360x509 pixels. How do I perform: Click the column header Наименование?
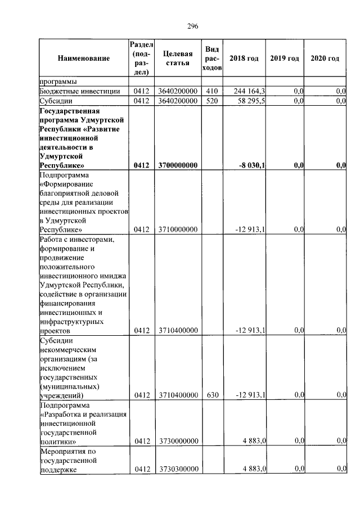[x=83, y=58]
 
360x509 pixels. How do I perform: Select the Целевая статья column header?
[x=177, y=58]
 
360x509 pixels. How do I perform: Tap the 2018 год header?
[x=244, y=58]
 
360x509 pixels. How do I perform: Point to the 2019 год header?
[x=284, y=58]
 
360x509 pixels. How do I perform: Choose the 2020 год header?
[x=325, y=58]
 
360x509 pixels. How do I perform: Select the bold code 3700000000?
[x=177, y=165]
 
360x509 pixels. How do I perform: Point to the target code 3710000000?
[x=177, y=229]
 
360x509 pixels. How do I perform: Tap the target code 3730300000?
[x=177, y=469]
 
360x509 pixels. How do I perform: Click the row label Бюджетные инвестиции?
[x=79, y=91]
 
